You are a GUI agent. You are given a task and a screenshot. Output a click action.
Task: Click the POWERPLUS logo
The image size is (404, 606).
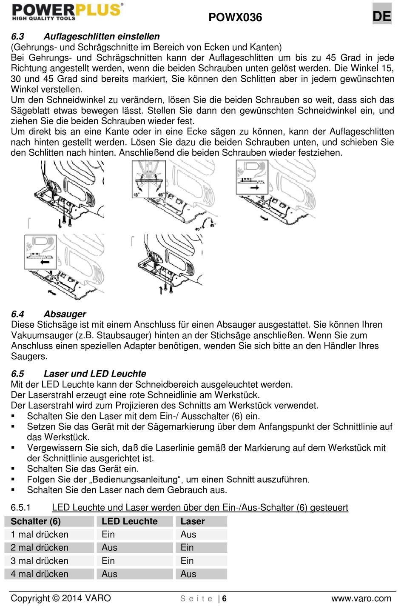point(67,12)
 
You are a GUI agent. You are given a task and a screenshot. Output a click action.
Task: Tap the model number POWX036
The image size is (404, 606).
point(235,17)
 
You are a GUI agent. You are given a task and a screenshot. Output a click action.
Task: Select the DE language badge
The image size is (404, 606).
point(381,16)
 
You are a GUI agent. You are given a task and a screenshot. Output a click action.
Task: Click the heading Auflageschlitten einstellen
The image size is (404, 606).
point(102,37)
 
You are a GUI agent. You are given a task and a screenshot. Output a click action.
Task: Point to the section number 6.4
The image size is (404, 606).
point(17,314)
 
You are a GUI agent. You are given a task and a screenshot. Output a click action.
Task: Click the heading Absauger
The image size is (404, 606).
point(65,314)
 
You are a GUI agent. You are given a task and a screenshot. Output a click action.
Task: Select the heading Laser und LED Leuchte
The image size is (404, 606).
point(95,374)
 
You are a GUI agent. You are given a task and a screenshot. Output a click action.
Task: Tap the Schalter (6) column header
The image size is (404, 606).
point(36,521)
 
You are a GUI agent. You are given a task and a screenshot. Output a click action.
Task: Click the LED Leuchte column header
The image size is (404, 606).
point(129,521)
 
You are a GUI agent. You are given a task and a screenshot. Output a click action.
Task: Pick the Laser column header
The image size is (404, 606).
point(192,521)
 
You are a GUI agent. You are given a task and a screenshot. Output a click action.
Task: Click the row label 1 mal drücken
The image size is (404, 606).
point(40,535)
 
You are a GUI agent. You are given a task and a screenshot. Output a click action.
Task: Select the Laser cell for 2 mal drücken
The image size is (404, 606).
point(187,548)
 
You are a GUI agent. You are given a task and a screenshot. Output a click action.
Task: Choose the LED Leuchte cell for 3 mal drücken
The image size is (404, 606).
point(108,561)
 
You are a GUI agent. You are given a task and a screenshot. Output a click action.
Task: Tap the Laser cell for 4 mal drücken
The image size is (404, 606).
point(188,574)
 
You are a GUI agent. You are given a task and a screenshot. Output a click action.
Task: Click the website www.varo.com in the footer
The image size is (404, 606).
point(361,599)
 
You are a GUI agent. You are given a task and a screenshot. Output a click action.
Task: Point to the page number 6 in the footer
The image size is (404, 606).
point(224,599)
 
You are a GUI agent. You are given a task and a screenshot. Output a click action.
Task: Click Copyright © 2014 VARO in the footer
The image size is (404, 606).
point(61,598)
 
